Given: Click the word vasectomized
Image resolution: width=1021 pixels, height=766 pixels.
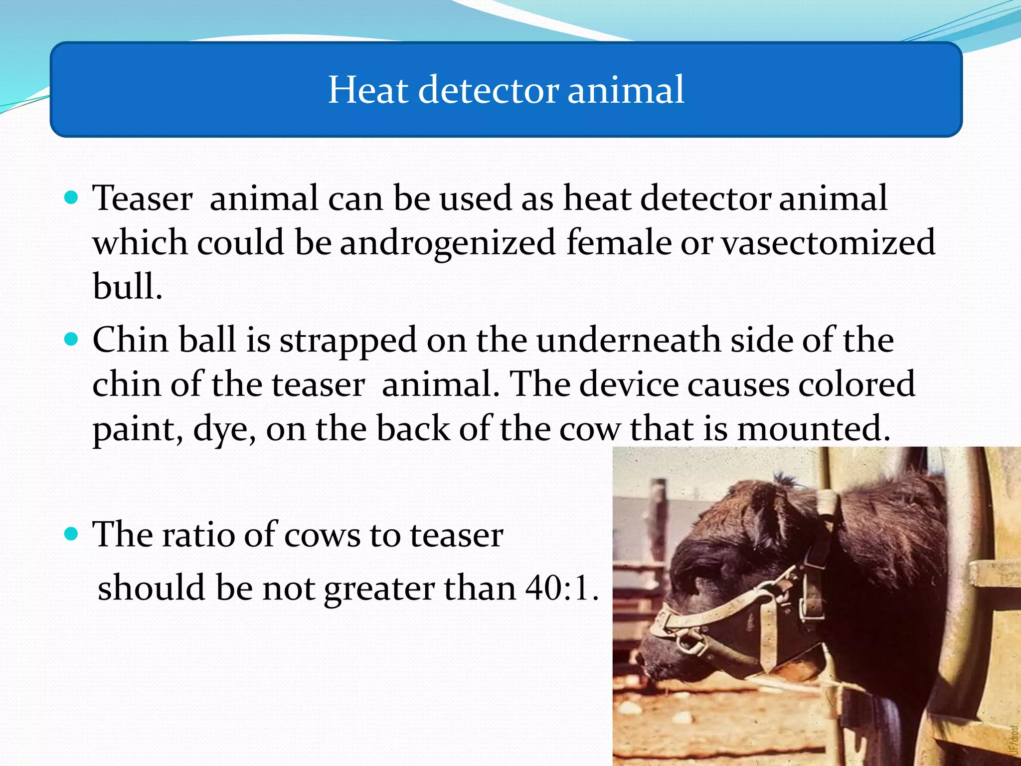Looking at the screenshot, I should pyautogui.click(x=828, y=242).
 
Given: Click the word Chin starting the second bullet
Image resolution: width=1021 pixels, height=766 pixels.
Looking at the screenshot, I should pyautogui.click(x=130, y=340).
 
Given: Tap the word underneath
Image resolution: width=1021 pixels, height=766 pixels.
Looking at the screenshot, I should pyautogui.click(x=628, y=340).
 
